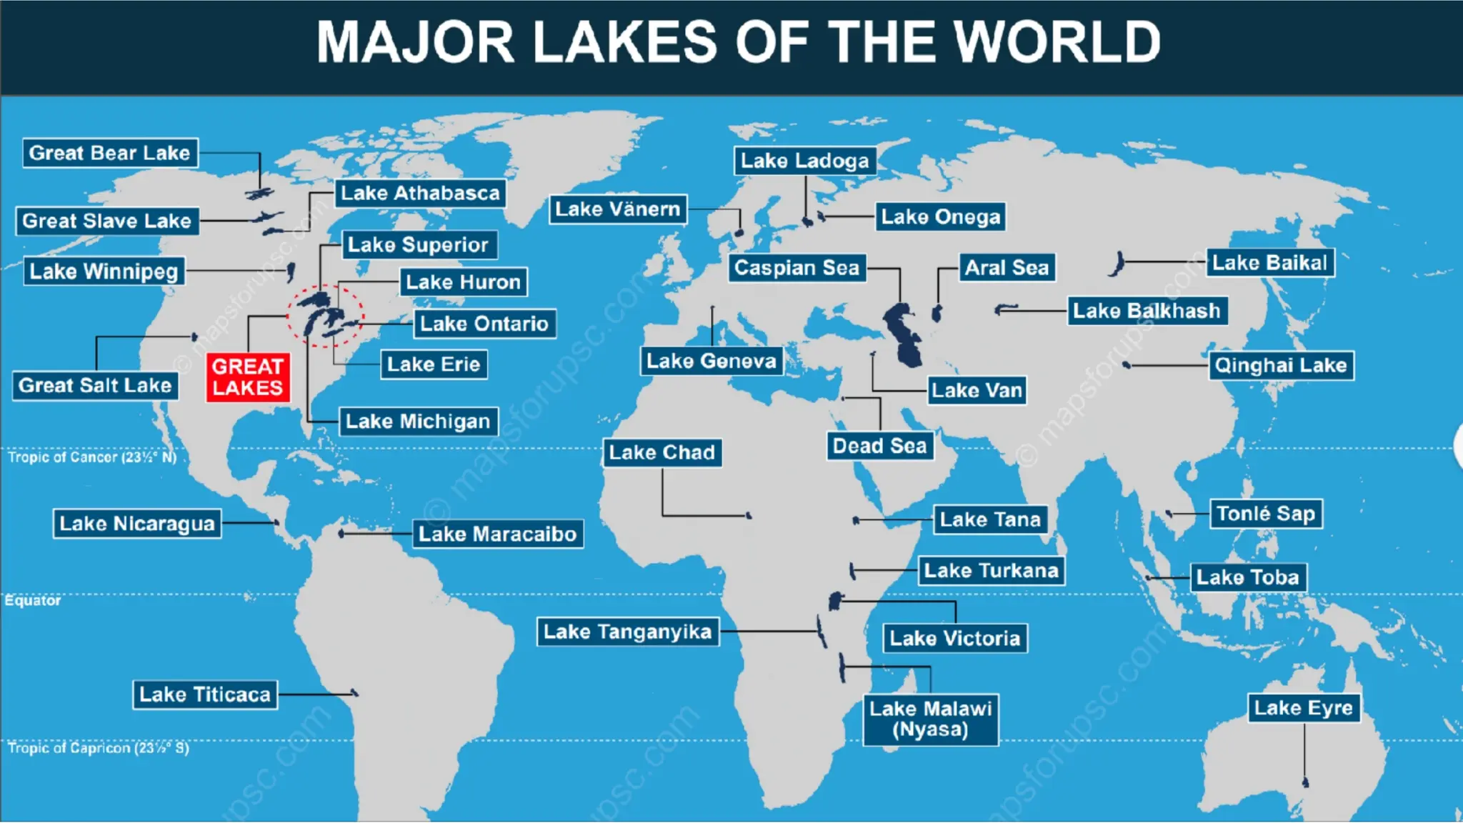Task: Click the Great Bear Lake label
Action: [x=109, y=153]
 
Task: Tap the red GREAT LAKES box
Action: [x=248, y=377]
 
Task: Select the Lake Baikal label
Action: [x=1269, y=263]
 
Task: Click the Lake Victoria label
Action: [x=955, y=638]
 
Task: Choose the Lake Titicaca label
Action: [x=205, y=694]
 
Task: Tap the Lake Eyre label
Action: [x=1303, y=708]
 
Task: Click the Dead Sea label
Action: [x=879, y=446]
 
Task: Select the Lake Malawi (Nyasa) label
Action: [x=930, y=719]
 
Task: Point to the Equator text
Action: [x=33, y=601]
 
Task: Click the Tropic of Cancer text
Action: [x=91, y=457]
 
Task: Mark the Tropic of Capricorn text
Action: [x=98, y=748]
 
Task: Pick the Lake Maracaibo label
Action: [x=497, y=534]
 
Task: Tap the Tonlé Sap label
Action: [x=1265, y=514]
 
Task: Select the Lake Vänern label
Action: [x=618, y=209]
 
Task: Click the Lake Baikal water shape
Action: [x=1117, y=264]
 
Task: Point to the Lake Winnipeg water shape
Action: [x=291, y=271]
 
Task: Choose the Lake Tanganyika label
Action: [x=627, y=632]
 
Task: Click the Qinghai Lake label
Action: [x=1280, y=366]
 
